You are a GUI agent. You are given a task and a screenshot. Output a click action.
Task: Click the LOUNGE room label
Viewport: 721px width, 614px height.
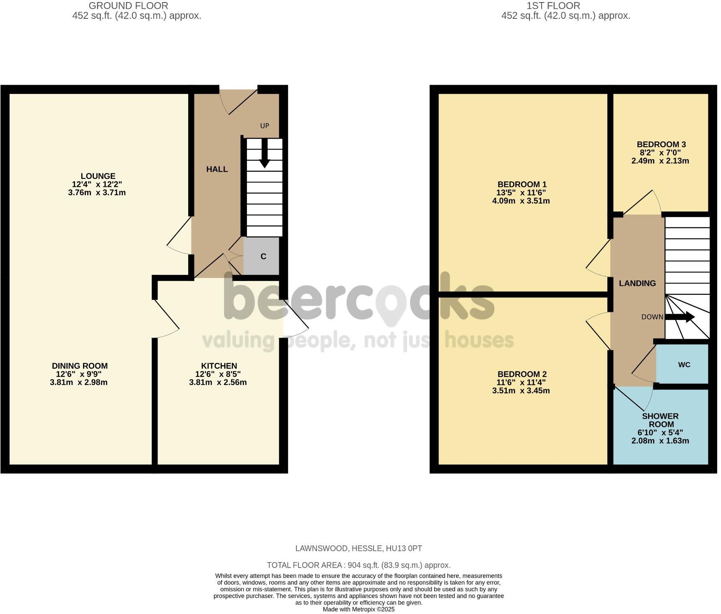[x=98, y=176]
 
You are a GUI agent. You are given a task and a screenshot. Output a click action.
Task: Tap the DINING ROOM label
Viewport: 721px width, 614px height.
[x=80, y=366]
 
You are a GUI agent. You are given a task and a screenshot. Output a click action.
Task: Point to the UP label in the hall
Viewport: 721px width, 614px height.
[x=265, y=126]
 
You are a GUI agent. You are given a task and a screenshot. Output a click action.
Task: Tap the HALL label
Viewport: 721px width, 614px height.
[x=217, y=169]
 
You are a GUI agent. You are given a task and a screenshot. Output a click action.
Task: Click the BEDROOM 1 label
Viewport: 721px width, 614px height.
[x=522, y=184]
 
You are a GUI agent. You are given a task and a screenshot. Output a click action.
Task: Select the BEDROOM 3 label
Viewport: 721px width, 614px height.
[x=661, y=144]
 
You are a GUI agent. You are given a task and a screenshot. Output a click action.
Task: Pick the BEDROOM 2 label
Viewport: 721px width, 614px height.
[x=522, y=374]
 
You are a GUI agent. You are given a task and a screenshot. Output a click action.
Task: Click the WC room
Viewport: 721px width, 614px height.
[x=684, y=364]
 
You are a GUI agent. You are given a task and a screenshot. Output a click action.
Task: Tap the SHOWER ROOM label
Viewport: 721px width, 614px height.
[x=660, y=420]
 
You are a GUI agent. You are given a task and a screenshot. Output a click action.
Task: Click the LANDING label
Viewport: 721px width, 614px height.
[x=637, y=283]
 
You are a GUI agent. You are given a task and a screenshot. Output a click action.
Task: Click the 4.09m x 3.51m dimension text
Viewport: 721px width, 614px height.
[x=521, y=201]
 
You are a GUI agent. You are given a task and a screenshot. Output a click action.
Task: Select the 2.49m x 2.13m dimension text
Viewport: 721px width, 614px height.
[x=660, y=160]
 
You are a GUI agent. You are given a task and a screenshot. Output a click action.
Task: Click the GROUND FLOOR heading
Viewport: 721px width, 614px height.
[x=128, y=6]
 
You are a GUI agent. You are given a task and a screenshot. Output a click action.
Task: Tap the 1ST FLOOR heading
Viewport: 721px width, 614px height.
[x=553, y=6]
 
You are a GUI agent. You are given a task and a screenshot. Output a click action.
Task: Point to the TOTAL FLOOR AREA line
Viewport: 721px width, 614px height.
[x=358, y=565]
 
